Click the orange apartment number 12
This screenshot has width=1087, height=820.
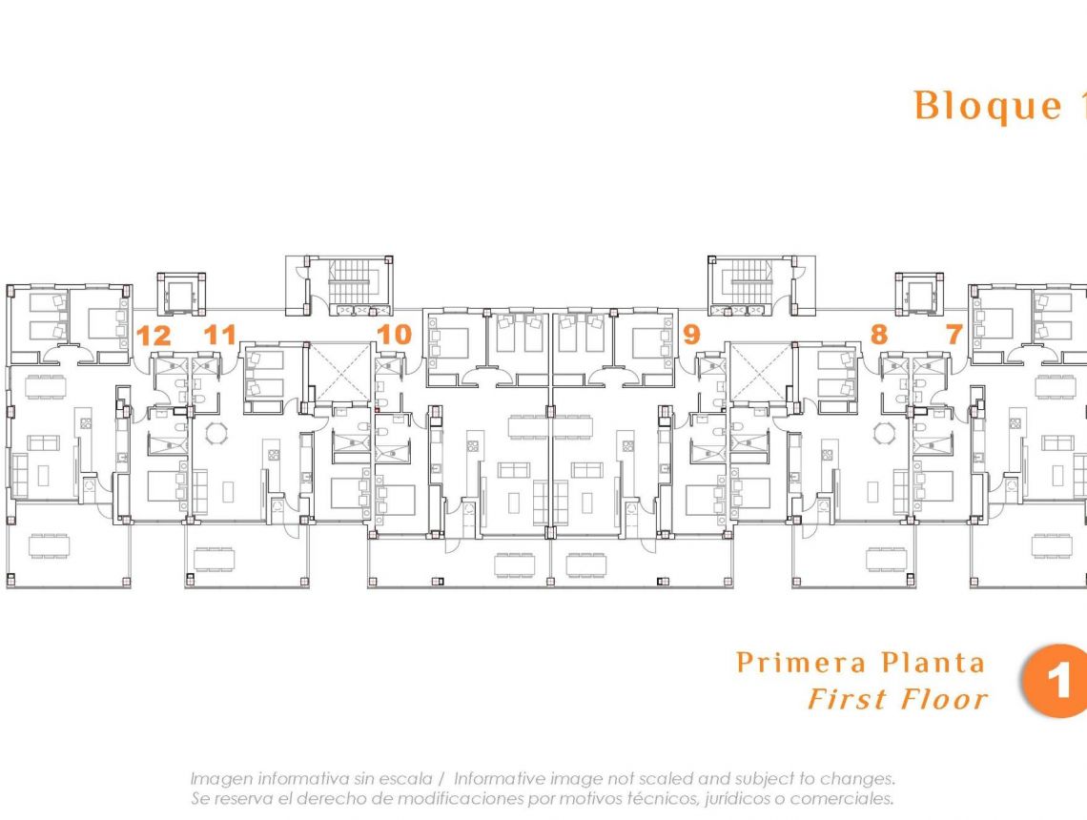click(154, 335)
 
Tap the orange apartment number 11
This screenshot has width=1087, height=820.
click(220, 335)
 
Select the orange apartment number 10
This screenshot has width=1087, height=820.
click(394, 335)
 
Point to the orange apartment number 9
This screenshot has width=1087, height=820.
click(691, 335)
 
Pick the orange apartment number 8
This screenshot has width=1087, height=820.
click(878, 335)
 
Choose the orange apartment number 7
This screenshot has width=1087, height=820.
click(954, 335)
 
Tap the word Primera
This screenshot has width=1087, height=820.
click(801, 662)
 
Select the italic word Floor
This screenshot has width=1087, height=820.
click(939, 699)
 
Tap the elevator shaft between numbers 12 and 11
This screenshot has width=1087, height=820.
click(181, 294)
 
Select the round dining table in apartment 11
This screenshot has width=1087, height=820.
click(218, 434)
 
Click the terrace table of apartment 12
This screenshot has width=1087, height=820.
click(49, 546)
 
